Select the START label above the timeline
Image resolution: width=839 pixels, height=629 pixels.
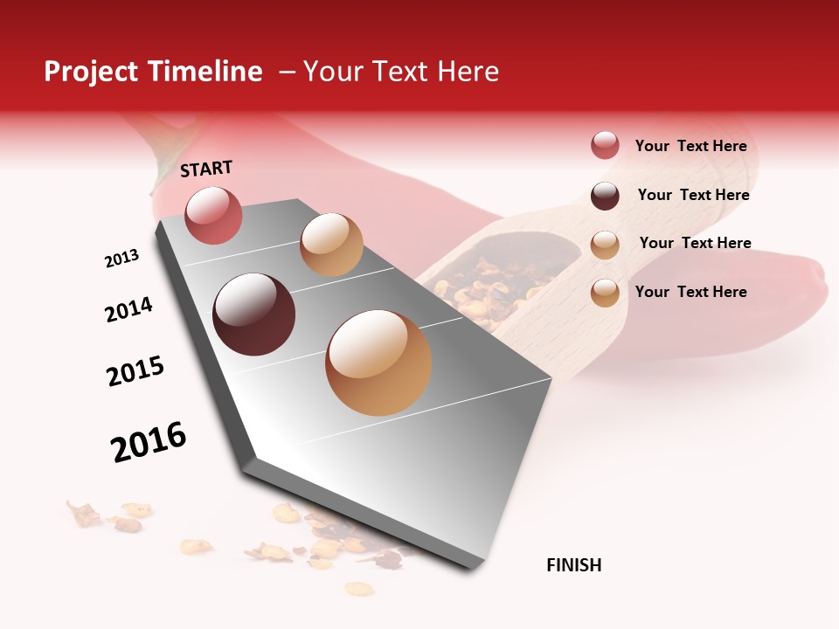click(x=206, y=169)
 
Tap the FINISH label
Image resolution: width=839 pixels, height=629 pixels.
click(x=573, y=565)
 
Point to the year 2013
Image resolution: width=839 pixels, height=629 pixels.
click(x=121, y=259)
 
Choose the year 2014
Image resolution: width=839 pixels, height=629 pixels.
click(x=128, y=309)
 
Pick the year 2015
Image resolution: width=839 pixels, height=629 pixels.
click(x=135, y=371)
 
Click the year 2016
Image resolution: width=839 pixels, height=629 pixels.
click(x=149, y=442)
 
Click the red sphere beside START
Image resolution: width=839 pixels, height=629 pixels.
click(x=213, y=215)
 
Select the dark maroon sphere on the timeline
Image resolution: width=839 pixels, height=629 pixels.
click(x=253, y=314)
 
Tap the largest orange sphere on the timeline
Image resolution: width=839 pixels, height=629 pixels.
click(x=378, y=363)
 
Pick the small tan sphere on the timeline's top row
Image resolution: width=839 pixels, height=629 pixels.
click(x=331, y=245)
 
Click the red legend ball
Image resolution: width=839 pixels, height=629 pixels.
click(x=605, y=146)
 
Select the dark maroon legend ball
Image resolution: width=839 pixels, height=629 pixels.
click(x=605, y=196)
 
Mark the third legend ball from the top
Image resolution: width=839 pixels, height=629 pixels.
click(x=605, y=245)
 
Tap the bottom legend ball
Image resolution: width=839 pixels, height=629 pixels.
click(x=605, y=293)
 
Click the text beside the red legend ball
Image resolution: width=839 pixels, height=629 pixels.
click(x=690, y=147)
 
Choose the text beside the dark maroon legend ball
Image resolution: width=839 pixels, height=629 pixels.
click(x=693, y=195)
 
